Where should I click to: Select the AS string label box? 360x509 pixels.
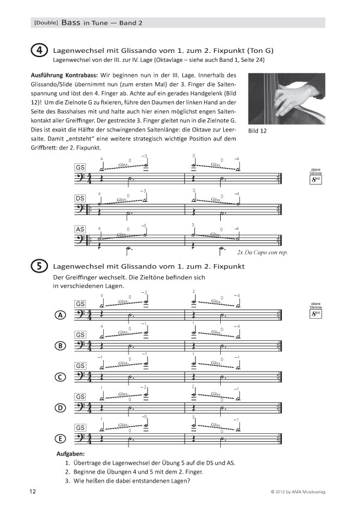(x=80, y=229)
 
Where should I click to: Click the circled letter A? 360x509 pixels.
(x=60, y=316)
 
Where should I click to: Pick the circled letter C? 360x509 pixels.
(x=60, y=377)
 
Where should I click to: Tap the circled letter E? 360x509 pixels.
(x=60, y=439)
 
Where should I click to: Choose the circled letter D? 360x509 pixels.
(x=60, y=408)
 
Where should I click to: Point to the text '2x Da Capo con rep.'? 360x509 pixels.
(x=263, y=253)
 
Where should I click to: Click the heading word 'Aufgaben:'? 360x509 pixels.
(x=70, y=454)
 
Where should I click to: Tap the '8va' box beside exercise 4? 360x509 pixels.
(x=316, y=176)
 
